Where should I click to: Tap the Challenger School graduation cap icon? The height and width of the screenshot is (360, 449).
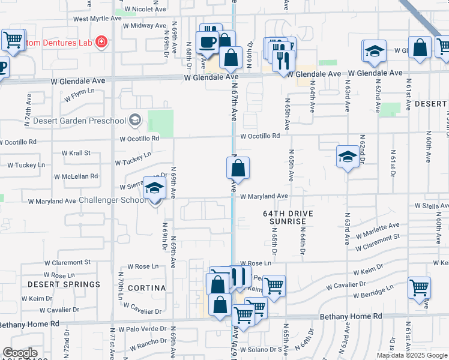pos(154,190)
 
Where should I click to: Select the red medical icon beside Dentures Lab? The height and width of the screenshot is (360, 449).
pos(101,42)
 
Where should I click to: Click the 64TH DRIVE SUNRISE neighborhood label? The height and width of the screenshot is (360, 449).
pos(285,217)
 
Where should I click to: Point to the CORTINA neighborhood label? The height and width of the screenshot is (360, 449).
pos(147,288)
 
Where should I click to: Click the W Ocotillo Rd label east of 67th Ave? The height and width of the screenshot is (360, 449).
pos(260,136)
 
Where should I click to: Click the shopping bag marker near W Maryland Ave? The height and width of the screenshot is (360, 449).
pos(238,169)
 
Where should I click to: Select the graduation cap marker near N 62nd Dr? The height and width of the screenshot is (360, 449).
pos(347,157)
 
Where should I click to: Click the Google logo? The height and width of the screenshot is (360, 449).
pos(20,353)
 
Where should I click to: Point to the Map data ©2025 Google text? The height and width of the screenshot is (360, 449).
pos(412,355)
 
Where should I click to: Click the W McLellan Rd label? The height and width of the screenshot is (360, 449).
pos(76,176)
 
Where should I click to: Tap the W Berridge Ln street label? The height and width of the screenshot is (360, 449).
pos(372,292)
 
